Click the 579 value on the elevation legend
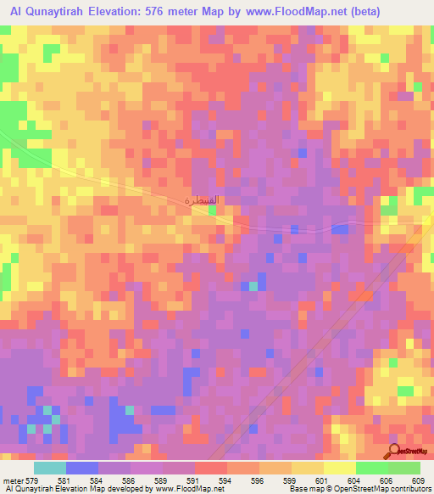pyautogui.click(x=33, y=480)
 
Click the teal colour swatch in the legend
pyautogui.click(x=49, y=468)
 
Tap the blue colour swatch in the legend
pyautogui.click(x=82, y=468)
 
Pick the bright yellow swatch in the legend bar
pyautogui.click(x=340, y=468)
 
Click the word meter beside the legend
pyautogui.click(x=12, y=480)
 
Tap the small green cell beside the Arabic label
pyautogui.click(x=212, y=209)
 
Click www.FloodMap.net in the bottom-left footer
pyautogui.click(x=186, y=490)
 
